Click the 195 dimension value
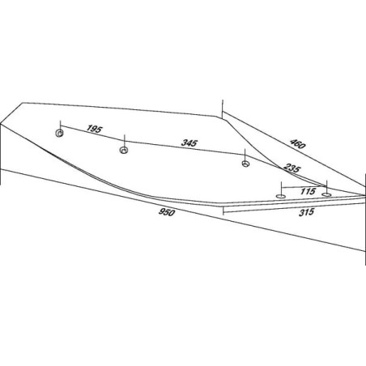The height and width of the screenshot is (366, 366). coord(94,129)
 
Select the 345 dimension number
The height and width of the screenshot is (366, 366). coord(189,143)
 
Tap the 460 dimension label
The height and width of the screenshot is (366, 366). coord(297,143)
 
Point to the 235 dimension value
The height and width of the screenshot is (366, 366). coord(292,168)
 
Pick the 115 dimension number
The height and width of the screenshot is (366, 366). coord(308,191)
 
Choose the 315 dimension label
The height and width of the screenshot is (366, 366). coord(307,212)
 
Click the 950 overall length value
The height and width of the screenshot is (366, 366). coord(167,212)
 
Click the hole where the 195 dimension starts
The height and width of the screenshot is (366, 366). coord(60,133)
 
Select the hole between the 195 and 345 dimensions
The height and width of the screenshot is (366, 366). coord(124,150)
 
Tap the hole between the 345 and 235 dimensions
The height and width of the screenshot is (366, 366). coord(245,164)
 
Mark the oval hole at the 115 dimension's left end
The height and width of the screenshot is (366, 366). coord(281,196)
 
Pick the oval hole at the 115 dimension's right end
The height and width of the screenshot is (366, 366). coord(326,194)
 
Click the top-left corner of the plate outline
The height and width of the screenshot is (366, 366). coord(23,103)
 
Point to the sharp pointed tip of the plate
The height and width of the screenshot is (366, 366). coord(364,195)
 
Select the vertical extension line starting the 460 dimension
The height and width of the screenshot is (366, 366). coord(222,109)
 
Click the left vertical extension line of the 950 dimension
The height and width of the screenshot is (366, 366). coord(1,154)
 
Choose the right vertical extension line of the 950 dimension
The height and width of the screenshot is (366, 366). coord(365,219)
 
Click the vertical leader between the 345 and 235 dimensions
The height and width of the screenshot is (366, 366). coord(245,155)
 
